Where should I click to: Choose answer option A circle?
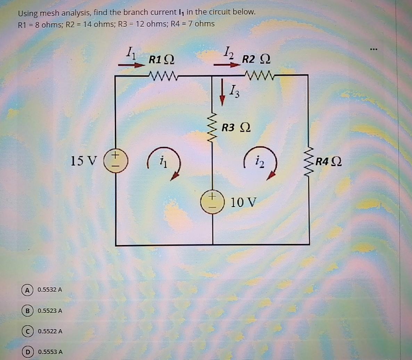26,289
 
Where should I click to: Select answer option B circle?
26,310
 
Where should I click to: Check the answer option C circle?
26,331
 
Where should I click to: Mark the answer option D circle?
26,352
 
